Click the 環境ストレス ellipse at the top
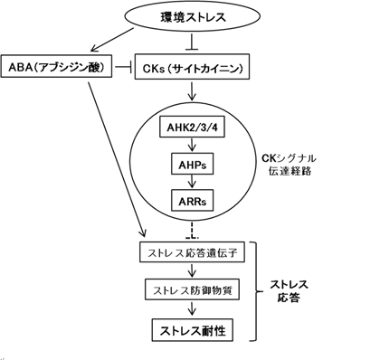point(189,17)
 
